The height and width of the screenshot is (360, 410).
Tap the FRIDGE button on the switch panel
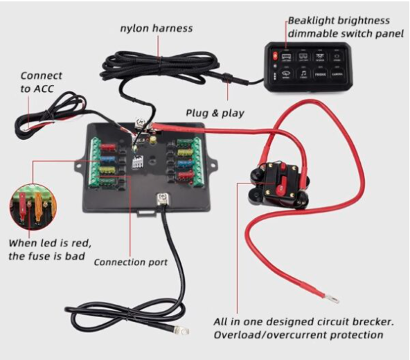[320, 73]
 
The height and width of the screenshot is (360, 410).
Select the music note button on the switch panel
[303, 72]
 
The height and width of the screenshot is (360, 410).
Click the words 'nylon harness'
[156, 28]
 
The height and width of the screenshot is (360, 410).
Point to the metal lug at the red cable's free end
[332, 300]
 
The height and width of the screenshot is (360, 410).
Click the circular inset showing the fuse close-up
[33, 205]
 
